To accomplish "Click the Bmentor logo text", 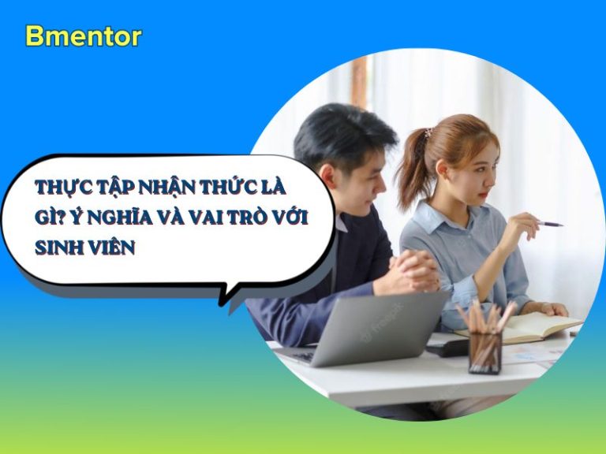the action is click(x=84, y=37).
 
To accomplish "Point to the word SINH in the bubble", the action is click(x=58, y=247).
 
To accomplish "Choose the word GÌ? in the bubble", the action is click(x=50, y=218).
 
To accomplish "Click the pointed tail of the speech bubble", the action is click(x=223, y=302).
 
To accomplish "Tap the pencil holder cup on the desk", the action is click(x=484, y=353).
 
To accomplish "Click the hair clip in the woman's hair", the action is click(x=428, y=133).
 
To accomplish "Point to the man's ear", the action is click(x=327, y=177).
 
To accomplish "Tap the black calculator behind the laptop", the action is click(x=447, y=348).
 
